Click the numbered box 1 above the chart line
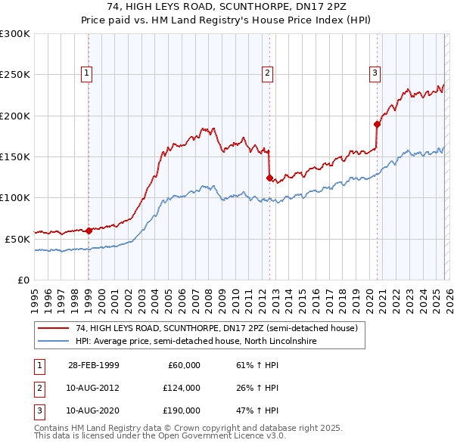(x=87, y=73)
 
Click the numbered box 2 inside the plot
(x=267, y=73)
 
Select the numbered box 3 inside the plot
(x=375, y=73)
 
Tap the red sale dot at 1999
(x=89, y=231)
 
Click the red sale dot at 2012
(x=269, y=178)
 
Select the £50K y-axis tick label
(x=17, y=238)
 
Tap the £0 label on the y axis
(x=22, y=280)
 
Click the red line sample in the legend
(x=54, y=328)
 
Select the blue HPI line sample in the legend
(x=54, y=341)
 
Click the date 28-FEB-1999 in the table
(x=93, y=365)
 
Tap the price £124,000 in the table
(x=182, y=389)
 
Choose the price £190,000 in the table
(x=182, y=412)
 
